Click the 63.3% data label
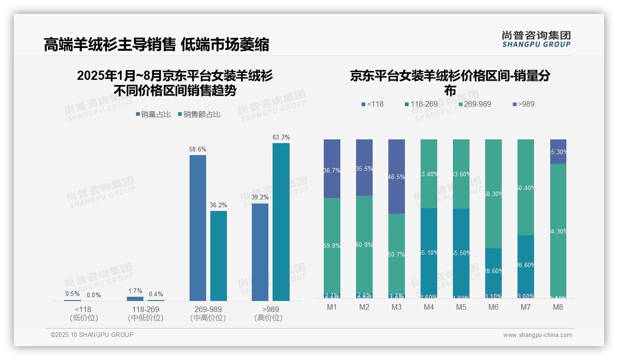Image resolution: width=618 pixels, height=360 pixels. (281, 137)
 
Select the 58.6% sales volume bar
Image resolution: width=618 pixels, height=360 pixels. (198, 228)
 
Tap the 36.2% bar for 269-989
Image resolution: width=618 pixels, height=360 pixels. (219, 256)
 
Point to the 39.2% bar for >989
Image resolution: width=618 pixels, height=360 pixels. (260, 252)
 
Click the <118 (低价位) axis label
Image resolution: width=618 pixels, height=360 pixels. (83, 313)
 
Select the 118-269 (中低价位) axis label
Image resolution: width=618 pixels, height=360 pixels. (145, 313)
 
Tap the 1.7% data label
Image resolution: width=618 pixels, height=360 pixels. (135, 291)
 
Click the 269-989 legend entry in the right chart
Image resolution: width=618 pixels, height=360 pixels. (473, 104)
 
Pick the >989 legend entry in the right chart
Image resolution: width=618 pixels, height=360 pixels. (523, 104)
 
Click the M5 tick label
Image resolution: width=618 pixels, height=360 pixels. (461, 307)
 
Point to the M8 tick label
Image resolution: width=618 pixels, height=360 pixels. (558, 307)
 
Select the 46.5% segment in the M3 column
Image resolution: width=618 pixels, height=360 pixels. (397, 176)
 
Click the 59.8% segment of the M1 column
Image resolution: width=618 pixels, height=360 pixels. (332, 246)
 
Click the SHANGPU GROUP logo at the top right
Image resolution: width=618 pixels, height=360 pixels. (536, 39)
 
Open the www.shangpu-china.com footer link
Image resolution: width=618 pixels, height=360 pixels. (537, 335)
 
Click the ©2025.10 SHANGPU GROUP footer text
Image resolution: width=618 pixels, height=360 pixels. (92, 335)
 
